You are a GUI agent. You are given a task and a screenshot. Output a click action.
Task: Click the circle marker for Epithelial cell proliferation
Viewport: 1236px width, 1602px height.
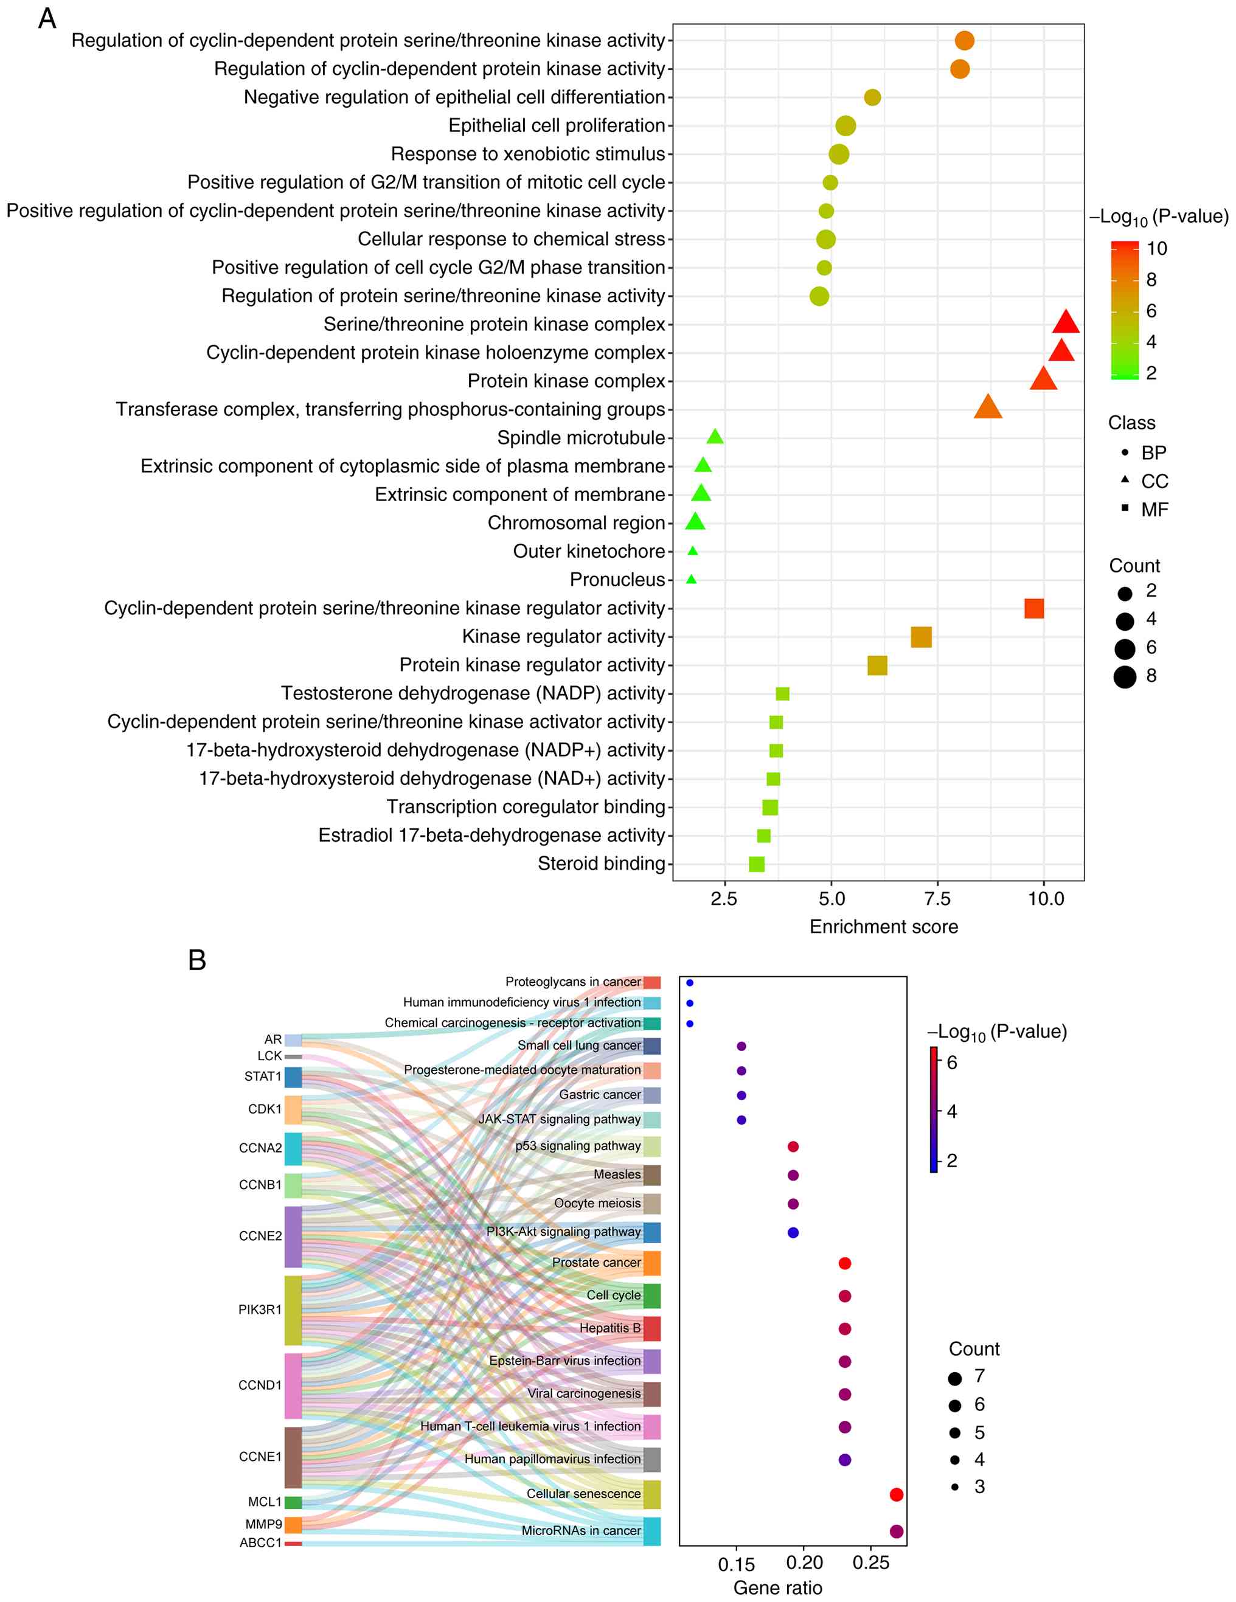pos(845,126)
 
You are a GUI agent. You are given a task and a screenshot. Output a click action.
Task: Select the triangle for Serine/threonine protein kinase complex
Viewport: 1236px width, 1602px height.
pos(1065,323)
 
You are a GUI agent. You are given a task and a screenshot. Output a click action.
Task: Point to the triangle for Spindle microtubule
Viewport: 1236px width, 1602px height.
pos(715,438)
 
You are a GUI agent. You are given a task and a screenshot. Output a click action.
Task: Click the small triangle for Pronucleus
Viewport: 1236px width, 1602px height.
pos(691,580)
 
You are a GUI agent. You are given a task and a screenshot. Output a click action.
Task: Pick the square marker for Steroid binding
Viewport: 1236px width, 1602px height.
pos(756,864)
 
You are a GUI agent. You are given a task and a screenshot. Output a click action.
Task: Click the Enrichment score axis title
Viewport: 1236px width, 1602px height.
pos(883,926)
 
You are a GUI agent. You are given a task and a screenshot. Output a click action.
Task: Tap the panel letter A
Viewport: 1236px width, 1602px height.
pos(47,18)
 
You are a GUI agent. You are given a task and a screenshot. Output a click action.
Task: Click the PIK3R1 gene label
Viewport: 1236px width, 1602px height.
pos(260,1309)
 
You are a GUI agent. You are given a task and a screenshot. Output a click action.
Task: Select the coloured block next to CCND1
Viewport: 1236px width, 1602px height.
pos(293,1385)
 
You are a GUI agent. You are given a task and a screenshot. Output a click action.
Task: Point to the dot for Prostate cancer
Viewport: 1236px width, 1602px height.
pos(844,1263)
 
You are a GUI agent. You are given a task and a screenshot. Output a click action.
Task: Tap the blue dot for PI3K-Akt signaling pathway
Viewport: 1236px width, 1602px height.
pos(793,1232)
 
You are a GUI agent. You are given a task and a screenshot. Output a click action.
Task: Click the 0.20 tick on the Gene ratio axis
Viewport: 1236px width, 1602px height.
pos(804,1562)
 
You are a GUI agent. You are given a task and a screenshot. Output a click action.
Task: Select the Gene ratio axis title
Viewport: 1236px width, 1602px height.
pos(777,1588)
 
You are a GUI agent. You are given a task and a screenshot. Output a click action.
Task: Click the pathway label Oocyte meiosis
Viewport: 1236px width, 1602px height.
pos(597,1203)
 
